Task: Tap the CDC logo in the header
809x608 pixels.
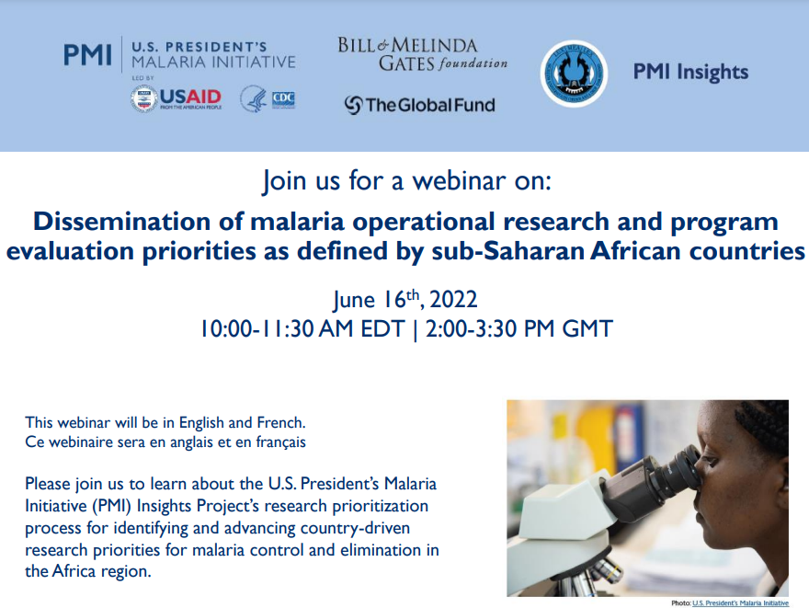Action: click(268, 98)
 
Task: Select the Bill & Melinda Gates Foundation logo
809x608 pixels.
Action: click(422, 54)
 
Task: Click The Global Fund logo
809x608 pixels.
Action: click(419, 105)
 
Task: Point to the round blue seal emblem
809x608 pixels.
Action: click(574, 73)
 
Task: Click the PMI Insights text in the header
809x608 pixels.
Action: click(690, 73)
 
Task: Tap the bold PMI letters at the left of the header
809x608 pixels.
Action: click(86, 54)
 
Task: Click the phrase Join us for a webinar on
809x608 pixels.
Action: click(406, 180)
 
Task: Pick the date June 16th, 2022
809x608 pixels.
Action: click(405, 300)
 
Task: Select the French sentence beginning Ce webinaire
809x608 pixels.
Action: click(165, 442)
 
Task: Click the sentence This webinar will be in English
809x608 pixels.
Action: click(165, 423)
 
